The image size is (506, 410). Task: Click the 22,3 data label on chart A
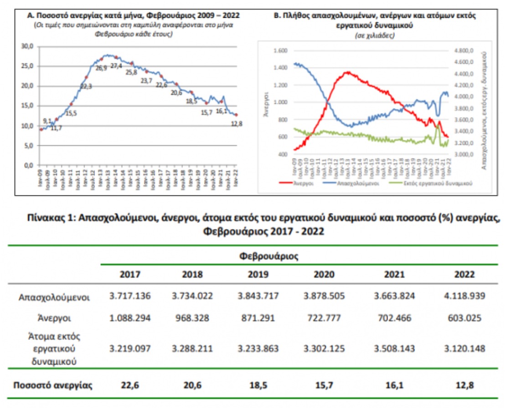coord(86,86)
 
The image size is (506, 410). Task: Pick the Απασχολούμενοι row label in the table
coord(54,297)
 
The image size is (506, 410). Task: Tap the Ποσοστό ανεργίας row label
coord(53,385)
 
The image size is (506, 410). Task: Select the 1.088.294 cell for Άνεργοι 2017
coord(129,318)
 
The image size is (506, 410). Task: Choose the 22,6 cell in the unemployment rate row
coord(129,385)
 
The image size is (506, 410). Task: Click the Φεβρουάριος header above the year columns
coord(269,256)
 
